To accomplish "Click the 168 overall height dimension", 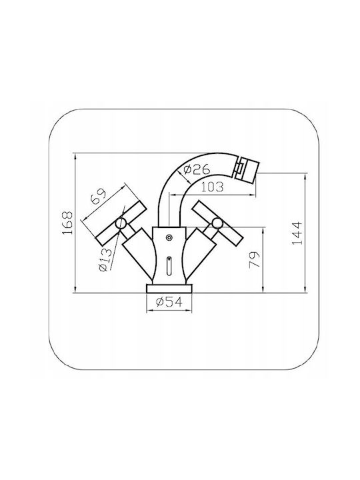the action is coord(67,223).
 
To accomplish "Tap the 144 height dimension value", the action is coord(297,233).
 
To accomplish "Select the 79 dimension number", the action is coord(254,260).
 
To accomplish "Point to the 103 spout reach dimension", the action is coord(213,187).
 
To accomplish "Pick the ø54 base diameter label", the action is coord(169,302).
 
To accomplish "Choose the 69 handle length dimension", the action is coord(99,196).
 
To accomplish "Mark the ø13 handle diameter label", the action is coord(105,259).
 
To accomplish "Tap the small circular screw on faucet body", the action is coord(169,237).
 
